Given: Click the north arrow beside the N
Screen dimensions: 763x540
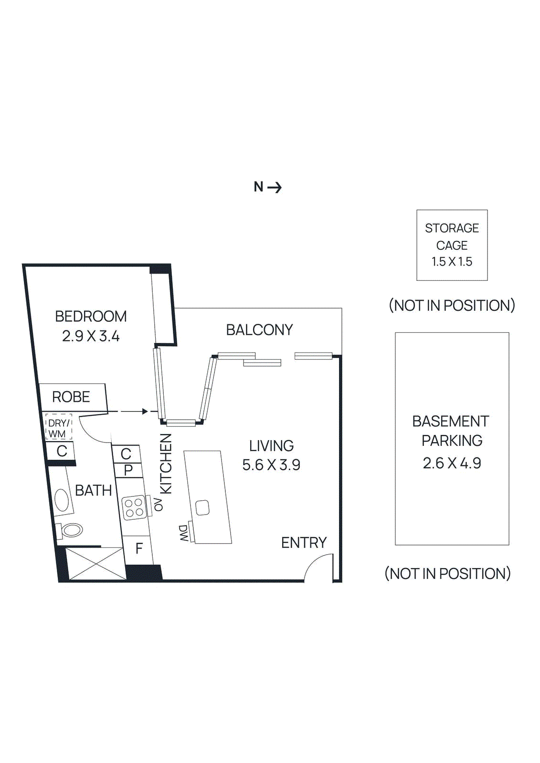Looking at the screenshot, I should click(275, 187).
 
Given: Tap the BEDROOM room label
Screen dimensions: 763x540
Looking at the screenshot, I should click(91, 316).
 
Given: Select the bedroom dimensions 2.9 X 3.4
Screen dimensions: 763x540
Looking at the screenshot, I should click(91, 336).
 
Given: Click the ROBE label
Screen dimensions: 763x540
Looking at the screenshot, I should click(71, 397).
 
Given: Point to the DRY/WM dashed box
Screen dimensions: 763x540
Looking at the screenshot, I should click(58, 428).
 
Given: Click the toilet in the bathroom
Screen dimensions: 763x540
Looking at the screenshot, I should click(71, 530).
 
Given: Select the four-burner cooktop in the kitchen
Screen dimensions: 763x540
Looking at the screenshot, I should click(134, 507).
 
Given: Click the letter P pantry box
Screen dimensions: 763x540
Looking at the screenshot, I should click(128, 470).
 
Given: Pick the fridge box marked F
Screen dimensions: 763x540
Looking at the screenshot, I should click(139, 548).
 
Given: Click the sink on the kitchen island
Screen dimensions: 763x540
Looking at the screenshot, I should click(202, 507).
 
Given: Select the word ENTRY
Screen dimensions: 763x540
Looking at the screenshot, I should click(304, 543).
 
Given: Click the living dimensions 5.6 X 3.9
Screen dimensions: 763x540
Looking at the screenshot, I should click(271, 465).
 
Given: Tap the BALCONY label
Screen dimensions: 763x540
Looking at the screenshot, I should click(259, 330).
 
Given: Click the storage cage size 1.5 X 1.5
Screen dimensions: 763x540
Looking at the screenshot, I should click(452, 261).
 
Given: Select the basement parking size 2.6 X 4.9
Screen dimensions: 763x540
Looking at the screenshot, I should click(452, 463).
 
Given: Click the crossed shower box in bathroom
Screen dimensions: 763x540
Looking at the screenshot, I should click(96, 564).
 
